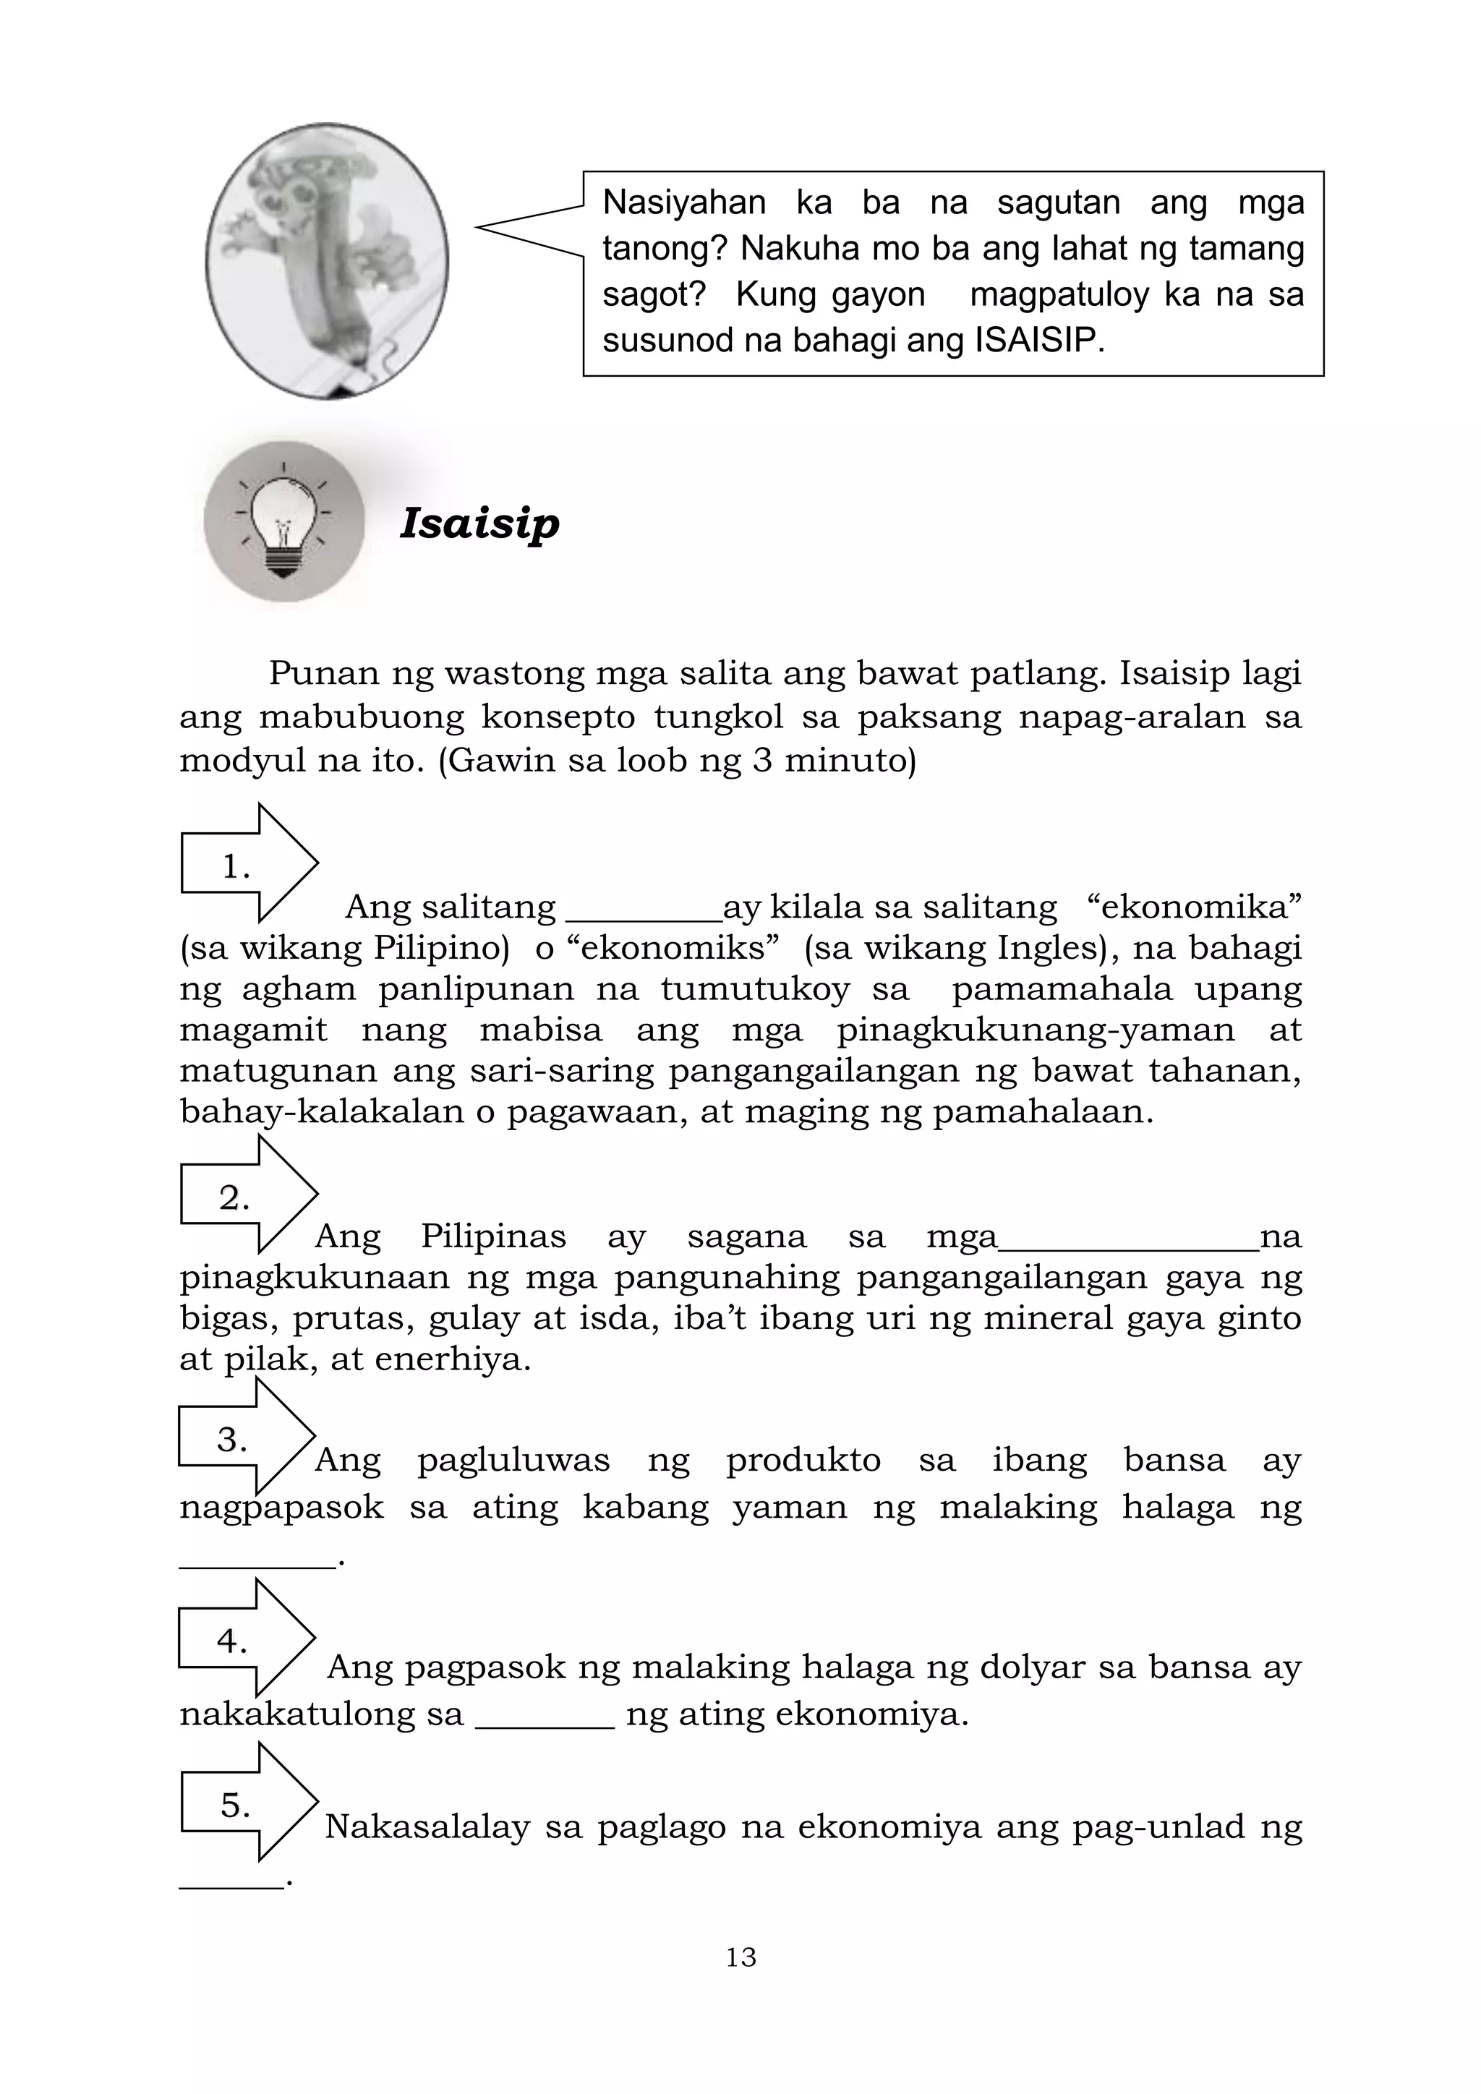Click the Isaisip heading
(x=479, y=523)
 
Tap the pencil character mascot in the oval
(x=326, y=261)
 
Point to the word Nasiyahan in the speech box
(x=683, y=202)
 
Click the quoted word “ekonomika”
(x=1195, y=907)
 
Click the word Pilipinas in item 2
(x=493, y=1236)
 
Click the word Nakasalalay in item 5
(x=427, y=1826)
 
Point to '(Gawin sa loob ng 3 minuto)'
(x=677, y=760)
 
